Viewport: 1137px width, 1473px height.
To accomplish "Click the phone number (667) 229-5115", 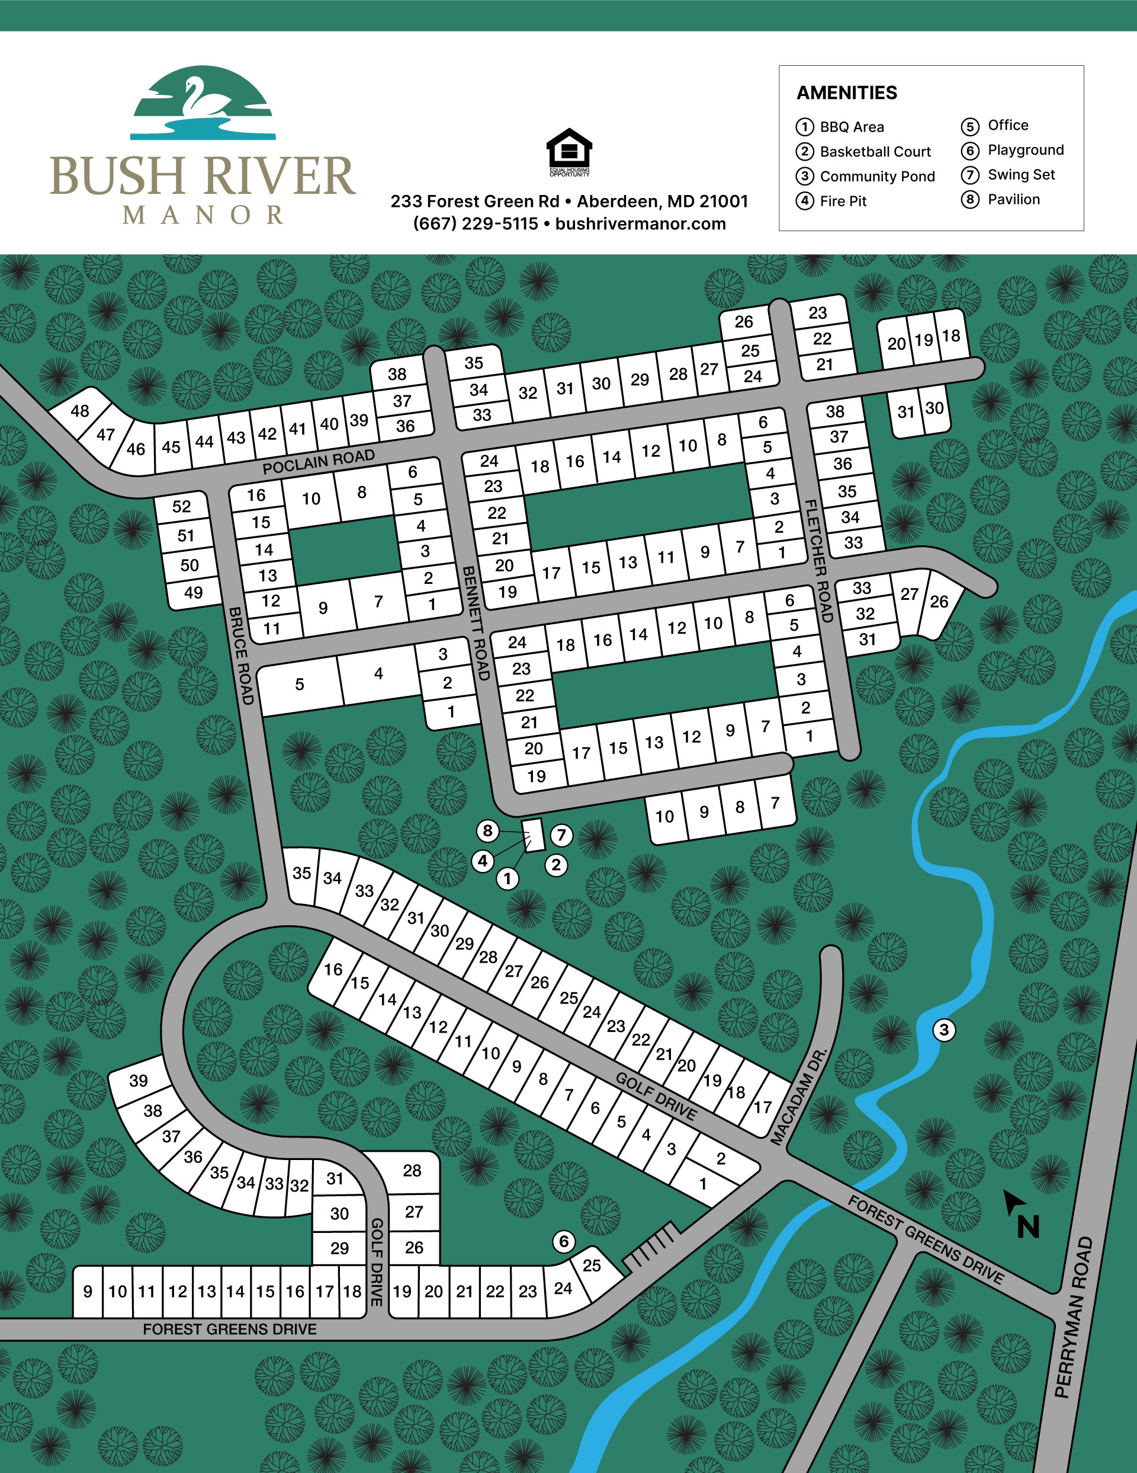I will tap(475, 224).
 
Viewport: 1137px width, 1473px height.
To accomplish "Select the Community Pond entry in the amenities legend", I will tap(876, 177).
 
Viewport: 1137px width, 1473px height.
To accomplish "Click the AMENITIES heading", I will tap(846, 93).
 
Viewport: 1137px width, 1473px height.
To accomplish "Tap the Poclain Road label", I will tap(318, 462).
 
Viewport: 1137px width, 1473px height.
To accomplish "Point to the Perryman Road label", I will tap(1073, 1316).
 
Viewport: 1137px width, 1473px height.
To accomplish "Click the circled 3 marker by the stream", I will tap(943, 1030).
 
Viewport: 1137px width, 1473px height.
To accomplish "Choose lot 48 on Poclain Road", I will tap(79, 411).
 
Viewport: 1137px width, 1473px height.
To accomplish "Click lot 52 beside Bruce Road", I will tap(181, 507).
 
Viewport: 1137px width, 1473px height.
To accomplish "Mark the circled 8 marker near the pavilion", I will tap(488, 831).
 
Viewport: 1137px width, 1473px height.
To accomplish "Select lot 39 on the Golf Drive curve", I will tap(139, 1081).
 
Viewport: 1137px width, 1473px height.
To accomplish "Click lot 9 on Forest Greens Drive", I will tap(88, 1291).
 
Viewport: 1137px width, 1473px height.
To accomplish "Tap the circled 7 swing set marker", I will tap(561, 835).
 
